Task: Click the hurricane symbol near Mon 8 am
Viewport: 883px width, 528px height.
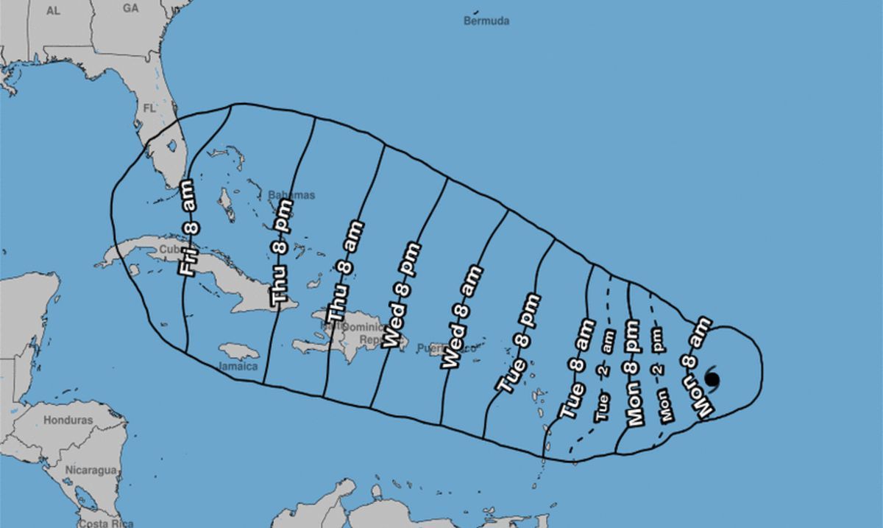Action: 712,378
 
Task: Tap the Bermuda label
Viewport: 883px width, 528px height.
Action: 486,21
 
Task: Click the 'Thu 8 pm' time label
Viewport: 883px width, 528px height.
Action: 282,263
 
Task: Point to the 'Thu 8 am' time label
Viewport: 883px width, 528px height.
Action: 344,270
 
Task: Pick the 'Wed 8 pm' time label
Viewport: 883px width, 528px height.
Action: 403,295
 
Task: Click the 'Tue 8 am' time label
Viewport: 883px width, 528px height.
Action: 578,369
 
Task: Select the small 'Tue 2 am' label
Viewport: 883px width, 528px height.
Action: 604,376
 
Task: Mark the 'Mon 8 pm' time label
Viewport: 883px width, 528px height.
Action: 636,373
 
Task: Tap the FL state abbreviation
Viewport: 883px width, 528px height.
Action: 149,108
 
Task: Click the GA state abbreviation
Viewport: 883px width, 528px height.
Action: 131,8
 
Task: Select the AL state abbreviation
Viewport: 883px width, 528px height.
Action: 52,10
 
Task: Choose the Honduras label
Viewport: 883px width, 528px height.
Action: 68,420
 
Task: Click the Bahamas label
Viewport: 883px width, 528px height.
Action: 291,195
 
